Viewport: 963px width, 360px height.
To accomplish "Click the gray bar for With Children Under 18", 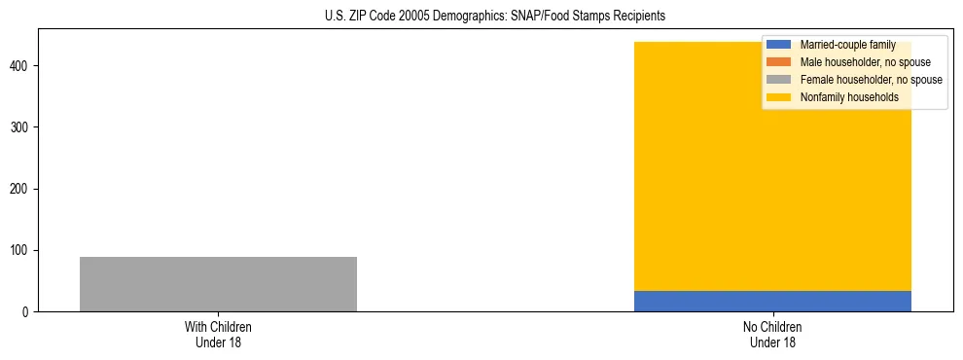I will pyautogui.click(x=218, y=284).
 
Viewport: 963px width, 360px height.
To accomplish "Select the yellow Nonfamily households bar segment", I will pyautogui.click(x=700, y=195).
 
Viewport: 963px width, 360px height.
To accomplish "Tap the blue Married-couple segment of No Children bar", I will pyautogui.click(x=772, y=301).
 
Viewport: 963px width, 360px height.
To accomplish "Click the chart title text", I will pyautogui.click(x=495, y=17).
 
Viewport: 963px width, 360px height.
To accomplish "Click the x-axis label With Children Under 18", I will pyautogui.click(x=218, y=334).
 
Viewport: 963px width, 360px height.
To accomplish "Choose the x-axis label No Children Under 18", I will pyautogui.click(x=772, y=334).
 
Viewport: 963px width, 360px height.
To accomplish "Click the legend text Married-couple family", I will pyautogui.click(x=847, y=45).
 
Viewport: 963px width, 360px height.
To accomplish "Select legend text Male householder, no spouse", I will pyautogui.click(x=865, y=62).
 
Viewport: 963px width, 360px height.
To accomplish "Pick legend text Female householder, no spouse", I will pyautogui.click(x=871, y=80).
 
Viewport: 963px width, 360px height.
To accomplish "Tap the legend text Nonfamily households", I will pyautogui.click(x=849, y=97).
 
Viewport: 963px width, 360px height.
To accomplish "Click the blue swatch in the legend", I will pyautogui.click(x=778, y=45).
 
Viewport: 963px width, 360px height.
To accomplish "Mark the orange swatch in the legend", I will pyautogui.click(x=778, y=62).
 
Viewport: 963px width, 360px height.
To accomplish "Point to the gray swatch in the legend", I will pyautogui.click(x=778, y=80).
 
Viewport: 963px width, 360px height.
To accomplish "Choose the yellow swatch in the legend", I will pyautogui.click(x=778, y=97).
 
